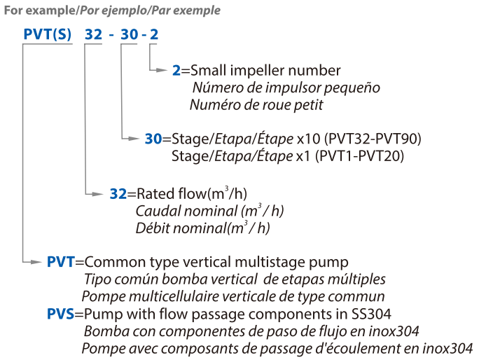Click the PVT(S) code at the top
pyautogui.click(x=48, y=34)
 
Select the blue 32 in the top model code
pyautogui.click(x=93, y=34)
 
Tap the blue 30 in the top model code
pyautogui.click(x=130, y=34)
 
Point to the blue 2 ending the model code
pyautogui.click(x=154, y=34)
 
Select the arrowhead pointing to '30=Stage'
pyautogui.click(x=134, y=138)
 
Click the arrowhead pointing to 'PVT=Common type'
pyautogui.click(x=36, y=263)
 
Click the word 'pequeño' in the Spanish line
pyautogui.click(x=352, y=88)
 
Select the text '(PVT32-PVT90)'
pyautogui.click(x=373, y=139)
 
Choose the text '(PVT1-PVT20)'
pyautogui.click(x=359, y=155)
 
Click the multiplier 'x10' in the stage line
pyautogui.click(x=309, y=139)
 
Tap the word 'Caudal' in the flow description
pyautogui.click(x=155, y=211)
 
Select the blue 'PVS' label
pyautogui.click(x=61, y=314)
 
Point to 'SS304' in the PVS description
pyautogui.click(x=371, y=314)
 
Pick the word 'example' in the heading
pyautogui.click(x=50, y=11)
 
